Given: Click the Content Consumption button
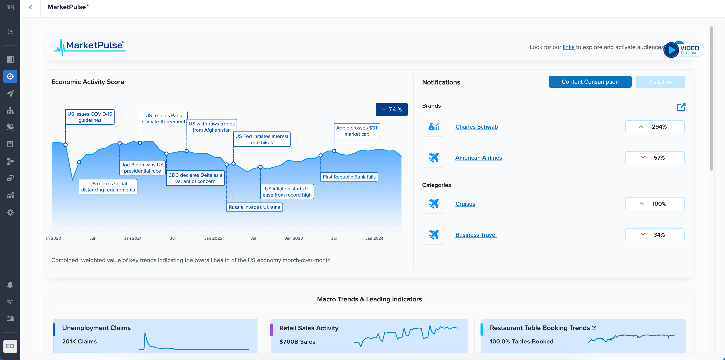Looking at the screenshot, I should click(x=590, y=82).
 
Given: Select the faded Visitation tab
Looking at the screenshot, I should click(x=660, y=82).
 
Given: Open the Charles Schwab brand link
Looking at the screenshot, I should click(x=476, y=127).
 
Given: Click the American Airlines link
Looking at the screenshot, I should click(x=478, y=158).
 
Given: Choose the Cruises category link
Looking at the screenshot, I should click(x=465, y=204).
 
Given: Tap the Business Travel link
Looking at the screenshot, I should click(x=476, y=235).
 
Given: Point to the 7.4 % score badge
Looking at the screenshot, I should click(x=392, y=110).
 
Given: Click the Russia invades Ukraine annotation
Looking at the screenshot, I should click(x=254, y=207).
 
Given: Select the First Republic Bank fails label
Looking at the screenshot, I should click(x=349, y=177).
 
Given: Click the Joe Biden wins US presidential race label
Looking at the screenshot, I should click(x=142, y=168).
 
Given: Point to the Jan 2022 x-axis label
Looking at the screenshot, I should click(x=213, y=238).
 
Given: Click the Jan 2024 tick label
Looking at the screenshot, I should click(x=374, y=238).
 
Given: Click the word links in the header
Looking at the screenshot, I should click(x=568, y=47).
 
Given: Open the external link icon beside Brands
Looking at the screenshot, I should click(x=681, y=107).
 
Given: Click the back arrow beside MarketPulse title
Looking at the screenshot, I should click(x=30, y=7).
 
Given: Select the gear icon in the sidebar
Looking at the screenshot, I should click(x=10, y=212).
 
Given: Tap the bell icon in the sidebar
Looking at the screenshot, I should click(x=10, y=285).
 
